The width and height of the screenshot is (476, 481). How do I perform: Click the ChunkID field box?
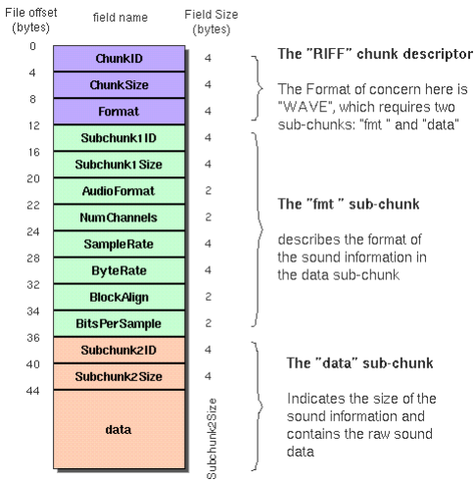119,59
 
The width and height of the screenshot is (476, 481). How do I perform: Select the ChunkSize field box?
119,85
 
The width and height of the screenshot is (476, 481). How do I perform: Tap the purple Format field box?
119,112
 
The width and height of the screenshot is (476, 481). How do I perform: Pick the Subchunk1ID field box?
119,138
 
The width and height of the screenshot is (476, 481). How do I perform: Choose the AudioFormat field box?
119,191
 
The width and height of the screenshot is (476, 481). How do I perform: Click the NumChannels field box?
119,217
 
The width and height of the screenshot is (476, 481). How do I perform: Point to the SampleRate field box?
119,244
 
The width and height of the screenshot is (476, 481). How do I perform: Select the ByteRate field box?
119,270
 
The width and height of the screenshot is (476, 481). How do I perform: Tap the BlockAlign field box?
119,297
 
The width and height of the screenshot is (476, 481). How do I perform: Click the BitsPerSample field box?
119,323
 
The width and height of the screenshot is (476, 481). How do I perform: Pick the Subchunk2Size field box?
119,376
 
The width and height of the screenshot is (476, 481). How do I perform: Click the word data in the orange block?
119,430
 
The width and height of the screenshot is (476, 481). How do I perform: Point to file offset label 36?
33,338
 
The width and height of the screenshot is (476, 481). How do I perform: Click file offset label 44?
33,391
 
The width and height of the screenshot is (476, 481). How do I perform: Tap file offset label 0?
32,46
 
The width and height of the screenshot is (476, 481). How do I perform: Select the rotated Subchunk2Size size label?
212,439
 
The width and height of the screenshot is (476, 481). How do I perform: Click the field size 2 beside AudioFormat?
209,190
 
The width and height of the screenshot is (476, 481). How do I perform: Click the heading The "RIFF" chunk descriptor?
375,54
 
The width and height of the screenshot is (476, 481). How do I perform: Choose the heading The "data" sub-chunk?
359,363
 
